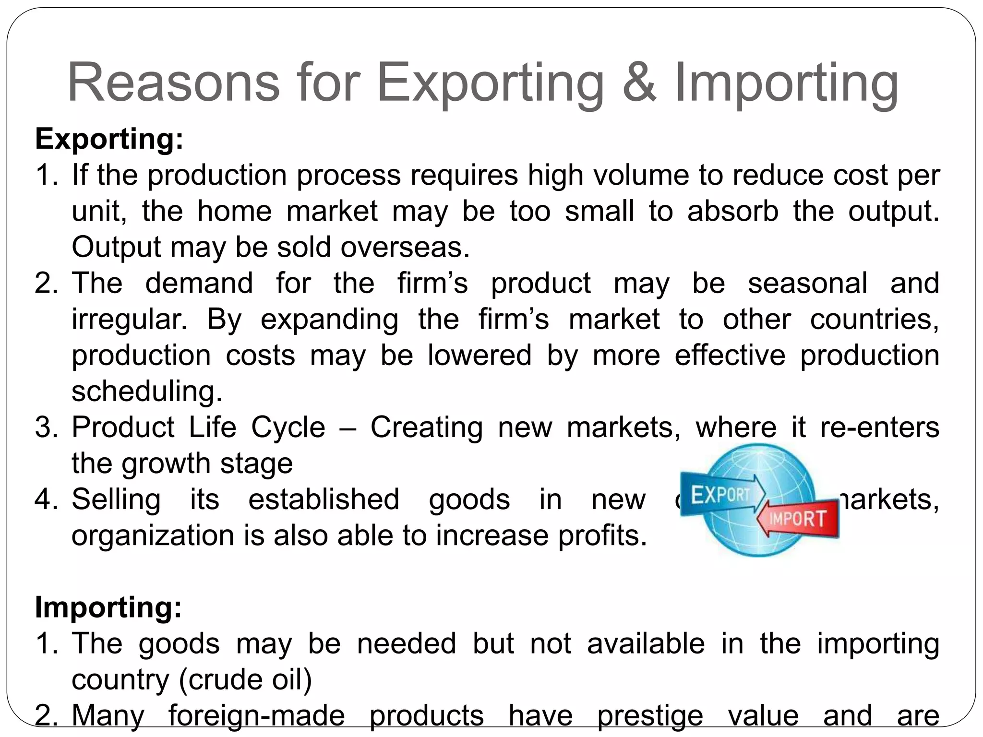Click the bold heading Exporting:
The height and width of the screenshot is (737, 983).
click(x=109, y=139)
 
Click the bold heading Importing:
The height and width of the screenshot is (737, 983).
click(x=108, y=607)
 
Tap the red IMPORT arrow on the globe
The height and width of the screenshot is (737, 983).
click(x=799, y=518)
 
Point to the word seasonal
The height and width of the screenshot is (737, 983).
click(x=807, y=283)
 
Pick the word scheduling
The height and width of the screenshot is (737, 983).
click(x=147, y=392)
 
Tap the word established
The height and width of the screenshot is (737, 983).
click(x=324, y=499)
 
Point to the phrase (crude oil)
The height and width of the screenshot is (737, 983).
click(x=245, y=679)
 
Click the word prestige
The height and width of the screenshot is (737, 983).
click(x=650, y=716)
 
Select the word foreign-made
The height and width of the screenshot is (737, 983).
click(x=256, y=716)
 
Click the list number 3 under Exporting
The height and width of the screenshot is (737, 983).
click(x=46, y=428)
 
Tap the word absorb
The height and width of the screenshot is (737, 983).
click(x=732, y=211)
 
